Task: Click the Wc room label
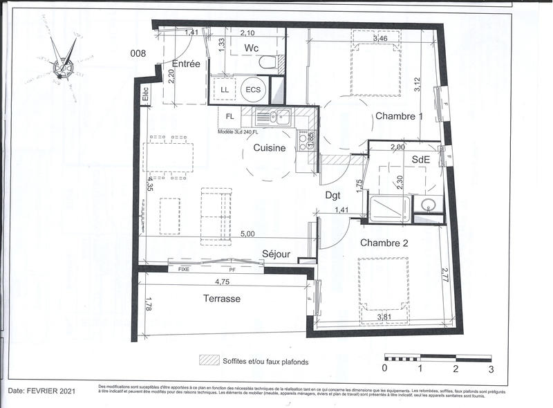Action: [x=251, y=48]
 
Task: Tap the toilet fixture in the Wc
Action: [x=265, y=63]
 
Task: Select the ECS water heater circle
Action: [x=252, y=89]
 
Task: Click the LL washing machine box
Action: [x=225, y=89]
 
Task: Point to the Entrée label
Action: [x=186, y=64]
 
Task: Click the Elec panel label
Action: [x=146, y=94]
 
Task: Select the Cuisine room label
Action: [x=270, y=147]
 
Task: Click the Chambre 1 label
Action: [x=399, y=116]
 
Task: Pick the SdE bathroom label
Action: [x=421, y=159]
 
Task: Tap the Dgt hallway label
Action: [x=335, y=195]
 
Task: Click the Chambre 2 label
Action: [x=384, y=242]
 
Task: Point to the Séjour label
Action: [x=276, y=254]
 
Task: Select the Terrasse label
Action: [x=221, y=299]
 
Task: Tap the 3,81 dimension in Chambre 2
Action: [x=386, y=317]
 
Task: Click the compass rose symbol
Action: [x=64, y=61]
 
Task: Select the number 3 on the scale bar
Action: [x=491, y=369]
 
